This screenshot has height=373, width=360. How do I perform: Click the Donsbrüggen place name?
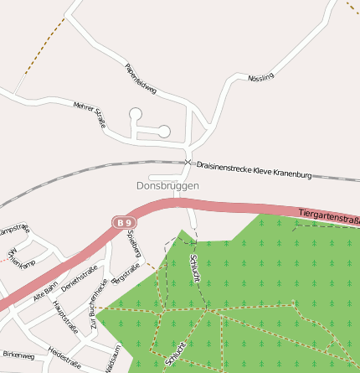pyautogui.click(x=167, y=185)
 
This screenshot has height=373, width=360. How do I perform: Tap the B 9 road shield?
pyautogui.click(x=124, y=222)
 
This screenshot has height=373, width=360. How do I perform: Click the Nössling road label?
pyautogui.click(x=260, y=78)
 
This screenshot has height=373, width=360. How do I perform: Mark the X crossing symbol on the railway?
pyautogui.click(x=188, y=161)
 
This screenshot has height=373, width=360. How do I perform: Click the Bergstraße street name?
pyautogui.click(x=126, y=272)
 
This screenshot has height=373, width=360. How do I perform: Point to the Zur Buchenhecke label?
pyautogui.click(x=99, y=301)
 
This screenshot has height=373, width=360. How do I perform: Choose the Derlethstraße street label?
pyautogui.click(x=80, y=277)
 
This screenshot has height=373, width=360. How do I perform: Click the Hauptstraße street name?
pyautogui.click(x=64, y=316)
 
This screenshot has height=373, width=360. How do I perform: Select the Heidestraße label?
pyautogui.click(x=64, y=357)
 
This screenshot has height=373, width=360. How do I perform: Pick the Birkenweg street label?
pyautogui.click(x=18, y=355)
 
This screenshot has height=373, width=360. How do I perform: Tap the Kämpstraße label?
pyautogui.click(x=14, y=230)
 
